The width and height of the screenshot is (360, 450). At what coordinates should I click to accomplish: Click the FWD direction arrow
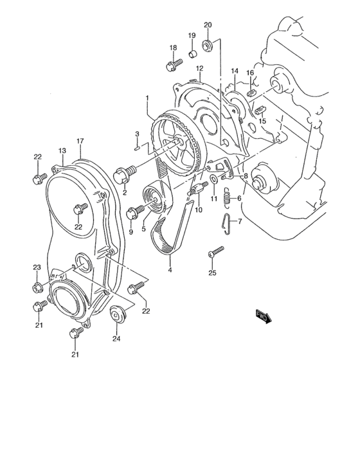pos(264,315)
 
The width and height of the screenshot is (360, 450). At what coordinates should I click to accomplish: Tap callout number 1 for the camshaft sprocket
pos(147,98)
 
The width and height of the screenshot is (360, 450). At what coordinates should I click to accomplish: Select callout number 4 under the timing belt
pos(170,270)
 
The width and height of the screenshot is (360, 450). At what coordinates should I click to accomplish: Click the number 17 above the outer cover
pos(80,141)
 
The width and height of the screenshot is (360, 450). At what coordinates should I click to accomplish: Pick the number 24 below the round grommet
pos(116,339)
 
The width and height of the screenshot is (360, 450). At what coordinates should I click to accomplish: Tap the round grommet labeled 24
pos(116,316)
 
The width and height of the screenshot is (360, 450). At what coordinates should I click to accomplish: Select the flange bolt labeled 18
pos(172,65)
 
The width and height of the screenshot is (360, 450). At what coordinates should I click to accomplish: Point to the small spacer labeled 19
pos(192,52)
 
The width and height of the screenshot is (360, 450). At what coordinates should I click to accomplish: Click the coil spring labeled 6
pos(226,198)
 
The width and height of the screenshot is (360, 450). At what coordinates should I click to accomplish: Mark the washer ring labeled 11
pos(213,178)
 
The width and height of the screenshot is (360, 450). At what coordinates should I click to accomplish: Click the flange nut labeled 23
pos(37,287)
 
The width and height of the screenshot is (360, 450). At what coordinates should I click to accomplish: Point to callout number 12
pos(200,68)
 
